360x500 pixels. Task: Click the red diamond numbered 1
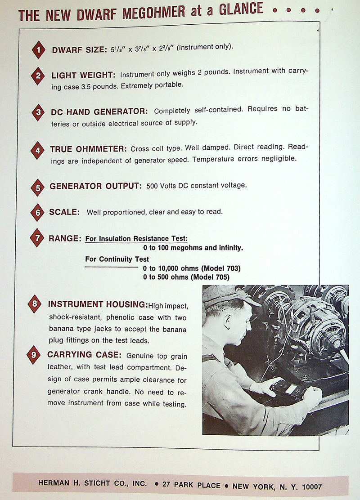39,50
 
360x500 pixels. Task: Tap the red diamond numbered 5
37,187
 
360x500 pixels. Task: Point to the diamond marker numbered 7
36,237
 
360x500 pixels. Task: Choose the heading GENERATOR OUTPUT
95,186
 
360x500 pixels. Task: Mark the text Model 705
210,277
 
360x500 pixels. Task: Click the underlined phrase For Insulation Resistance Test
136,239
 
